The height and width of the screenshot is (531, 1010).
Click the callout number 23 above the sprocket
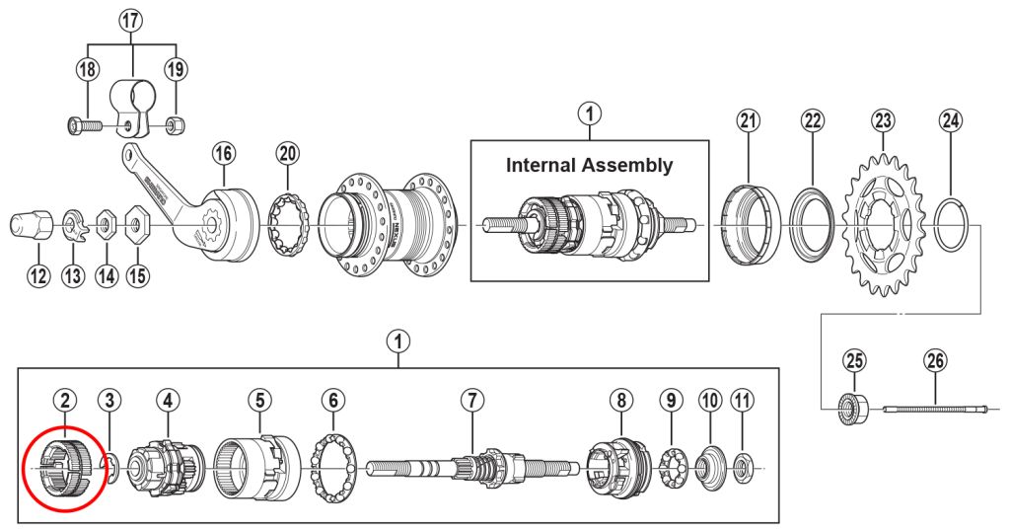click(x=883, y=120)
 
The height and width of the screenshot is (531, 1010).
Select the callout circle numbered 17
click(x=131, y=21)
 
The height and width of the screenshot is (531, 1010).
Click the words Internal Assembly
click(x=589, y=165)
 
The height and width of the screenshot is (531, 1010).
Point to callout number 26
click(x=936, y=361)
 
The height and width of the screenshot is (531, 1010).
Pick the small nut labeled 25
click(x=851, y=407)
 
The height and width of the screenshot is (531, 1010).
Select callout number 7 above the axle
click(x=473, y=401)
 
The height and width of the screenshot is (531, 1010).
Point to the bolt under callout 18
click(x=84, y=126)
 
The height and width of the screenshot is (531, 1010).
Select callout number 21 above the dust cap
click(x=750, y=120)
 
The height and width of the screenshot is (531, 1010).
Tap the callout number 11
click(x=742, y=401)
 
